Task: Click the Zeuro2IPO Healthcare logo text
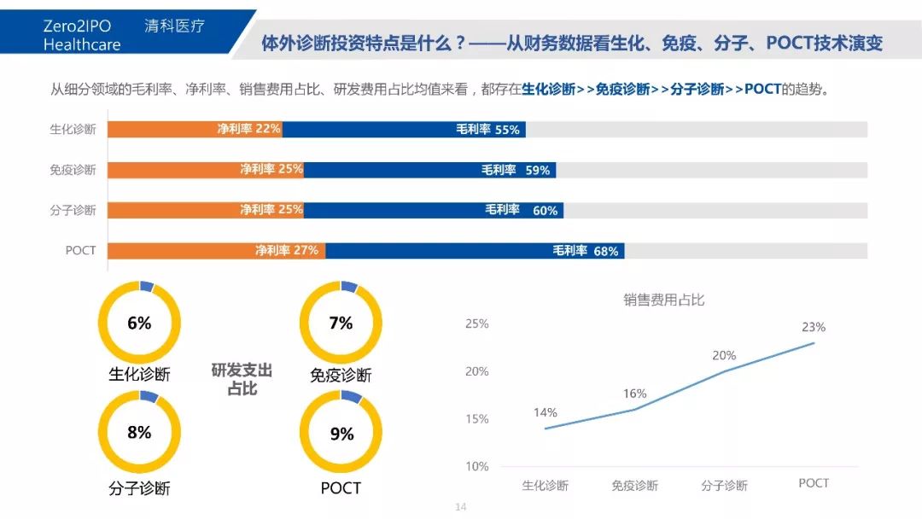pyautogui.click(x=82, y=36)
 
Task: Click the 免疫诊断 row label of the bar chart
pyautogui.click(x=73, y=170)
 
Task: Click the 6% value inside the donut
pyautogui.click(x=139, y=323)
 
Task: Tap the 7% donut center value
pyautogui.click(x=341, y=323)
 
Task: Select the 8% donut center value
pyautogui.click(x=139, y=432)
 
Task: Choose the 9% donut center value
pyautogui.click(x=341, y=434)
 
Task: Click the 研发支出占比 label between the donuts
pyautogui.click(x=242, y=379)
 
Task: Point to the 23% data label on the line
pyautogui.click(x=814, y=327)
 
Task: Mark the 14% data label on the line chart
pyautogui.click(x=546, y=413)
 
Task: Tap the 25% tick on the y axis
pyautogui.click(x=476, y=324)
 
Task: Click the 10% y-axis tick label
pyautogui.click(x=476, y=467)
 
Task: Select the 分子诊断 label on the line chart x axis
pyautogui.click(x=724, y=486)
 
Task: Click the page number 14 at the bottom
pyautogui.click(x=461, y=507)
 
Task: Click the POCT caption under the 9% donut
pyautogui.click(x=341, y=488)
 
